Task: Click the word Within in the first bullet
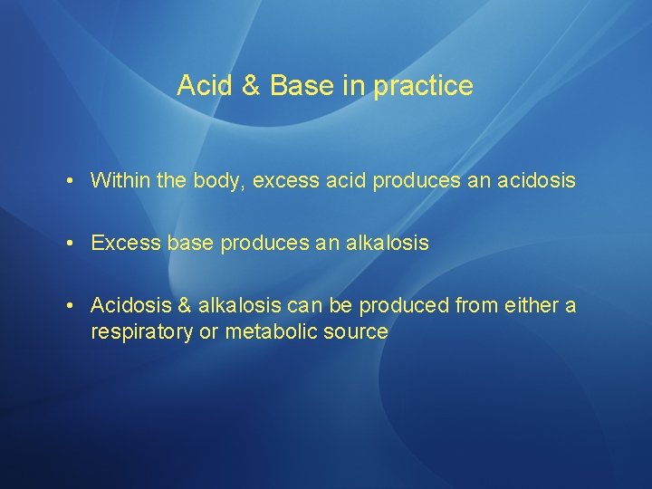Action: (x=120, y=180)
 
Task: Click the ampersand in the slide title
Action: (x=252, y=86)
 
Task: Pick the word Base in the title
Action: (x=302, y=86)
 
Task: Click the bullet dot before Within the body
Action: (x=70, y=181)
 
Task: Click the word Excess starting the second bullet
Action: (x=123, y=244)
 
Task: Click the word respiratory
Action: (x=142, y=332)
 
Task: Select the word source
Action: (x=356, y=332)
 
